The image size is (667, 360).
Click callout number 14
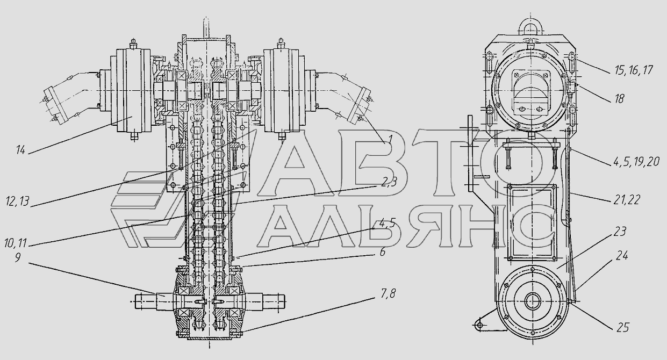click(20, 150)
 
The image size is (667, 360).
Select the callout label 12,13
click(18, 201)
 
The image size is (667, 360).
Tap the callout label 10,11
click(16, 243)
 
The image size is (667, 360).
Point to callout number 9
click(18, 257)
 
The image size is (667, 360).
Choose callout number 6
click(383, 252)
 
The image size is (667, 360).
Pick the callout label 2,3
click(389, 182)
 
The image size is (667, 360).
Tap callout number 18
click(620, 98)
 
